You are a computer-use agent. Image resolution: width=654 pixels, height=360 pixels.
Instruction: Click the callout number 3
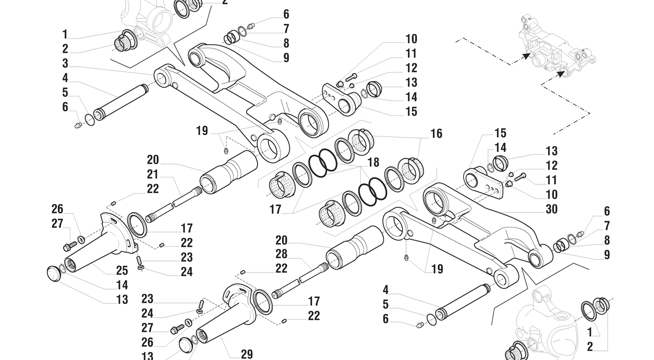tap(65, 64)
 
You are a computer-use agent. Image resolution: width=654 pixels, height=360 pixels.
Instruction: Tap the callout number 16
tap(436, 133)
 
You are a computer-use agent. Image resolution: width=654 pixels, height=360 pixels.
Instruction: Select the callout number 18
tap(374, 162)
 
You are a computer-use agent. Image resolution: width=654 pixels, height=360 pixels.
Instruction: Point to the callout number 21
tap(153, 174)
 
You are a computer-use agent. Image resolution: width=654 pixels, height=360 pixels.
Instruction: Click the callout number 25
tap(122, 271)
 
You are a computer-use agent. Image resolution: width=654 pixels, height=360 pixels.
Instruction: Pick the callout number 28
tap(281, 254)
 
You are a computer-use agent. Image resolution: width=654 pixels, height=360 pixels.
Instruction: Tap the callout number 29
tap(247, 354)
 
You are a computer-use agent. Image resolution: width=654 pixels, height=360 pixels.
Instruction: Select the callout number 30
tap(551, 209)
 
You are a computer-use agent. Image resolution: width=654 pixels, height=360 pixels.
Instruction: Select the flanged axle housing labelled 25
tap(101, 244)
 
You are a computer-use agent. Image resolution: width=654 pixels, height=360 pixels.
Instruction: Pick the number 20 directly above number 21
tap(153, 160)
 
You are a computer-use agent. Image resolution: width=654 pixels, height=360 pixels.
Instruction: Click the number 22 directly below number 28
tap(281, 268)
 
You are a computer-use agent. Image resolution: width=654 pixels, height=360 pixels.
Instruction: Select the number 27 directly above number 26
tap(57, 223)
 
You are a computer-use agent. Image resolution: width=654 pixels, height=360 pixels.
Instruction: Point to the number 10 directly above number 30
tap(551, 195)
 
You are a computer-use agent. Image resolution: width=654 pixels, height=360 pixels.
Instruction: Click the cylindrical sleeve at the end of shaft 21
tap(229, 170)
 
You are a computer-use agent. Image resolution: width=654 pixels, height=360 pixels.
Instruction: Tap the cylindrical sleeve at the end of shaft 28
tap(355, 248)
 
